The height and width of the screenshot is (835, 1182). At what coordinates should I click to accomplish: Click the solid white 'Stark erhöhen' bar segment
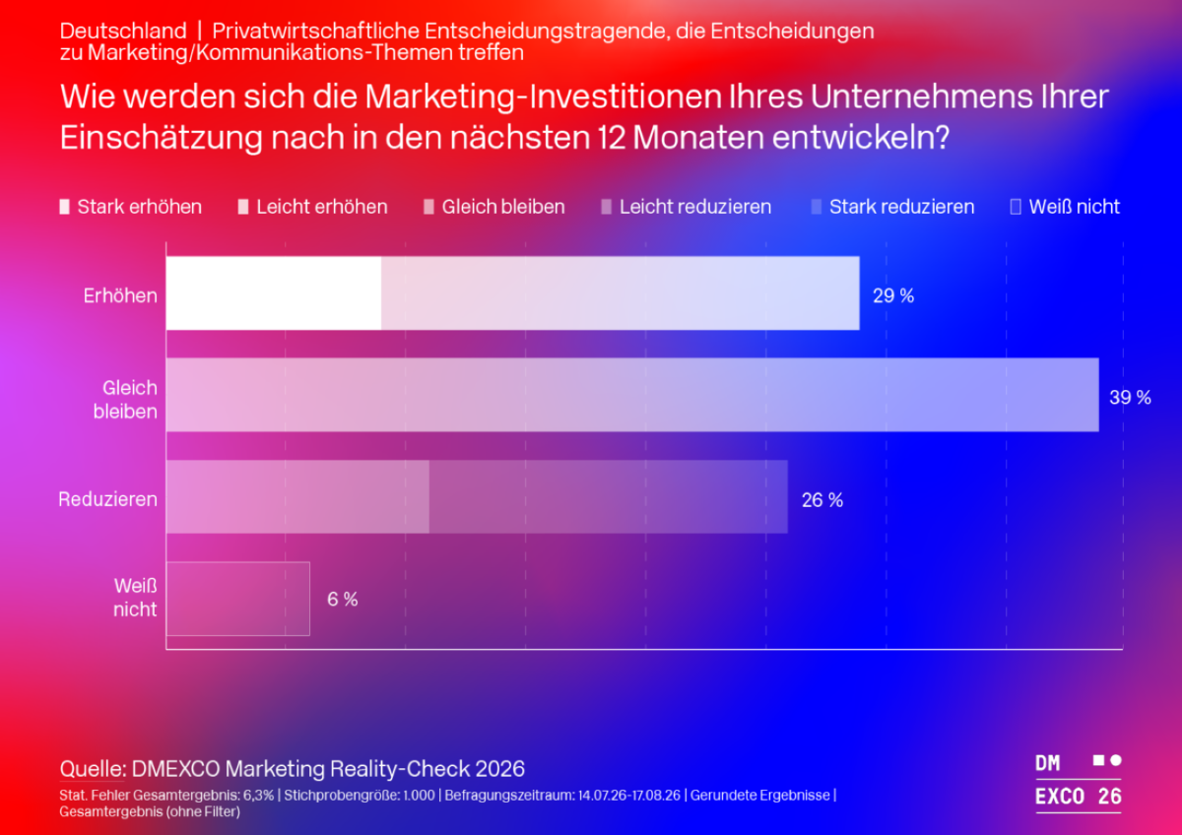(x=274, y=293)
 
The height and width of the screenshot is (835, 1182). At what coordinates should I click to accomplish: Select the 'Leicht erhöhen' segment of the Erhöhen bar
(x=620, y=293)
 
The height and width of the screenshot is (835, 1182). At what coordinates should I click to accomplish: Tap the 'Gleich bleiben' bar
(x=632, y=395)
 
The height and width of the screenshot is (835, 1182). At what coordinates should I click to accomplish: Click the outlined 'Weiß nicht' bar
(x=238, y=599)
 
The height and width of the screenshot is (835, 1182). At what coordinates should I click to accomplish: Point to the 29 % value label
(x=893, y=296)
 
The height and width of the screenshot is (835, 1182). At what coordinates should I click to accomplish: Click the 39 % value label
(x=1131, y=397)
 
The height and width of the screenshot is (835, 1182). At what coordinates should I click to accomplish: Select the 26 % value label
(x=822, y=500)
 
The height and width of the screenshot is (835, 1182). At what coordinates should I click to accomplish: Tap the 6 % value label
(x=343, y=600)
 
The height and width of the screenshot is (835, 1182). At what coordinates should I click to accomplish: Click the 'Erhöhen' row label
(x=120, y=295)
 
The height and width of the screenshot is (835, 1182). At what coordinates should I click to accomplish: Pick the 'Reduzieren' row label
(x=107, y=499)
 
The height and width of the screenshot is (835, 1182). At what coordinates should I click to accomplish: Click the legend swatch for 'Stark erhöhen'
(x=64, y=207)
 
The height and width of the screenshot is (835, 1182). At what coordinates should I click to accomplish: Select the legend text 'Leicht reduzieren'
(x=695, y=207)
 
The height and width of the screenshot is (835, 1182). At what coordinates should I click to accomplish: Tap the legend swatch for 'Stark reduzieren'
(x=817, y=207)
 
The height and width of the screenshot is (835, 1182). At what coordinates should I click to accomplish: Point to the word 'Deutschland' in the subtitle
(x=123, y=32)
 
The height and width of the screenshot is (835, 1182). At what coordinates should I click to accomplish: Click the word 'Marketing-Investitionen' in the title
(x=543, y=97)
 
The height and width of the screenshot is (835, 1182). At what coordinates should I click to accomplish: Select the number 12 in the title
(x=611, y=138)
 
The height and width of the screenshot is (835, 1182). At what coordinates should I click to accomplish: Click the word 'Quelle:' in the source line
(x=92, y=769)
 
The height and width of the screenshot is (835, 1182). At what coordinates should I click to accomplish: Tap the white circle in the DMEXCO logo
(x=1116, y=760)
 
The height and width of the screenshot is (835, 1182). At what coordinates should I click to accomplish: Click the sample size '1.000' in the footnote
(x=419, y=795)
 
